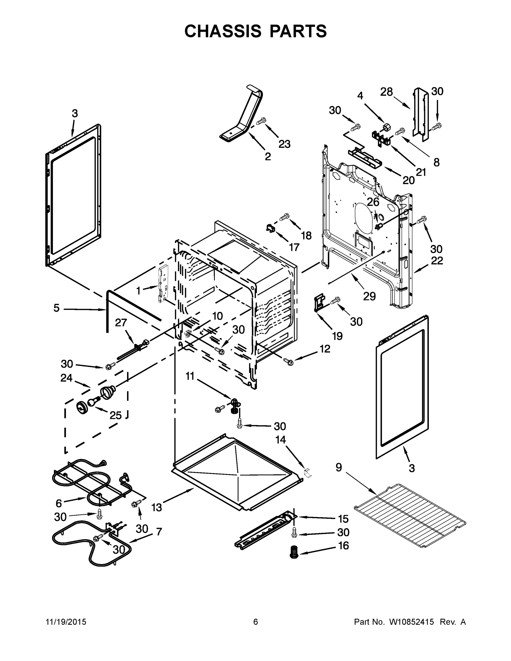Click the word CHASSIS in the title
tap(223, 31)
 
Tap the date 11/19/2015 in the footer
tap(66, 622)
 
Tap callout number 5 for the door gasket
tap(57, 308)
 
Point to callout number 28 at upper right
tap(386, 92)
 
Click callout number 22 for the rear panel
tap(437, 261)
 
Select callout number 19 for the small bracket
tap(337, 336)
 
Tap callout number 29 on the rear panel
tap(369, 297)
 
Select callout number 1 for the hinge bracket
tap(138, 291)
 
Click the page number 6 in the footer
tap(256, 622)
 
